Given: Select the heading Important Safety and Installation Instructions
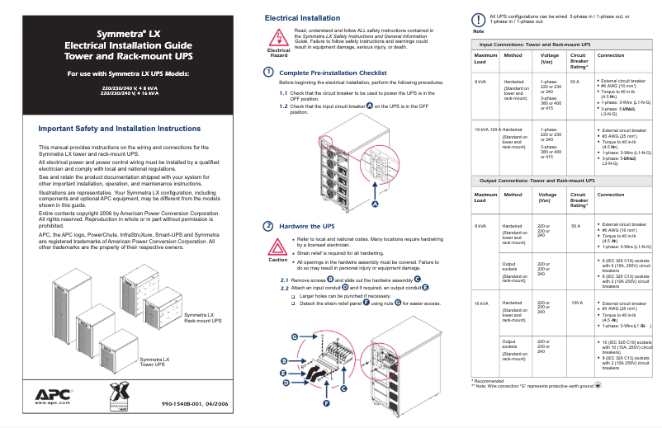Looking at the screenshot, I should (x=121, y=129).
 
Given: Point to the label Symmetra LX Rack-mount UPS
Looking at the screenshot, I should (x=202, y=317).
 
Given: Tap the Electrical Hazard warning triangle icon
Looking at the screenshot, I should (x=279, y=38).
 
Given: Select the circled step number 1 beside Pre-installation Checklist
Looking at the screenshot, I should (x=268, y=73).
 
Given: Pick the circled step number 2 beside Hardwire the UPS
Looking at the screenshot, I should (x=268, y=226).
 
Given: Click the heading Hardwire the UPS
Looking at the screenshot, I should (x=307, y=226).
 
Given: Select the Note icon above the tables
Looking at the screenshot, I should (x=478, y=20).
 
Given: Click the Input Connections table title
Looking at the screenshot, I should (x=535, y=44).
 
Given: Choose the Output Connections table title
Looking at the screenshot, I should (x=537, y=180).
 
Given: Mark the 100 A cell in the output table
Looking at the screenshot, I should (x=577, y=303).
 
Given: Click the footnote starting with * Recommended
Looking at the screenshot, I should (x=489, y=380).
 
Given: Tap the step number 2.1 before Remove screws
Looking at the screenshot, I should (x=284, y=280).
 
